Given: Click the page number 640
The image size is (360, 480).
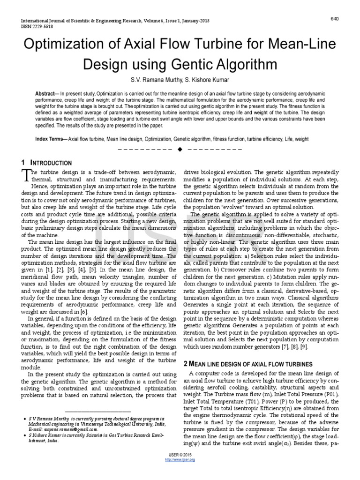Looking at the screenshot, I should pyautogui.click(x=334, y=18).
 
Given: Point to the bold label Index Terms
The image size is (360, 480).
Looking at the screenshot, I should pyautogui.click(x=51, y=140).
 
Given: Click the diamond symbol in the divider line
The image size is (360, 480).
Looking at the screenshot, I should pyautogui.click(x=180, y=150).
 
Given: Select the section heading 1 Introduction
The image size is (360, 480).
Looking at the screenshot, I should pyautogui.click(x=46, y=163).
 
